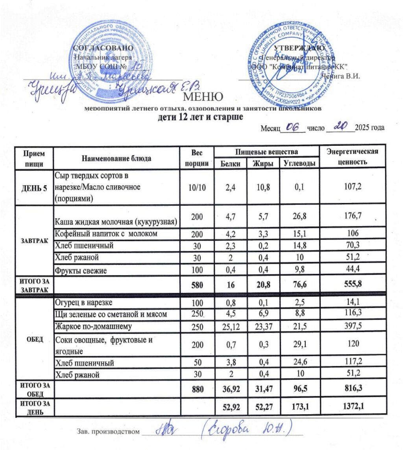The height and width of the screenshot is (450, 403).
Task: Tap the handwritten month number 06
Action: (293, 126)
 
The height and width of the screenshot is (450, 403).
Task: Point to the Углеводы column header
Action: (299, 163)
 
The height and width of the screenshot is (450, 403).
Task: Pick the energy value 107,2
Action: (353, 187)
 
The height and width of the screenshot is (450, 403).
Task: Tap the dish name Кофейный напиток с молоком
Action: (107, 234)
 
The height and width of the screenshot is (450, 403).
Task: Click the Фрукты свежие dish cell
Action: (81, 270)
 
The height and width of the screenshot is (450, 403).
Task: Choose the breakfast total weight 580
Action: (196, 284)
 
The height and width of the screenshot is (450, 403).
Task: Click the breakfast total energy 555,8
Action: (353, 284)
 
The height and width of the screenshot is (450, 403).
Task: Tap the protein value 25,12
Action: (231, 326)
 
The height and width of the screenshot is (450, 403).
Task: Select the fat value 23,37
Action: (263, 326)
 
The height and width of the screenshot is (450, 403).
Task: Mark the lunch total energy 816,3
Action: (353, 388)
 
